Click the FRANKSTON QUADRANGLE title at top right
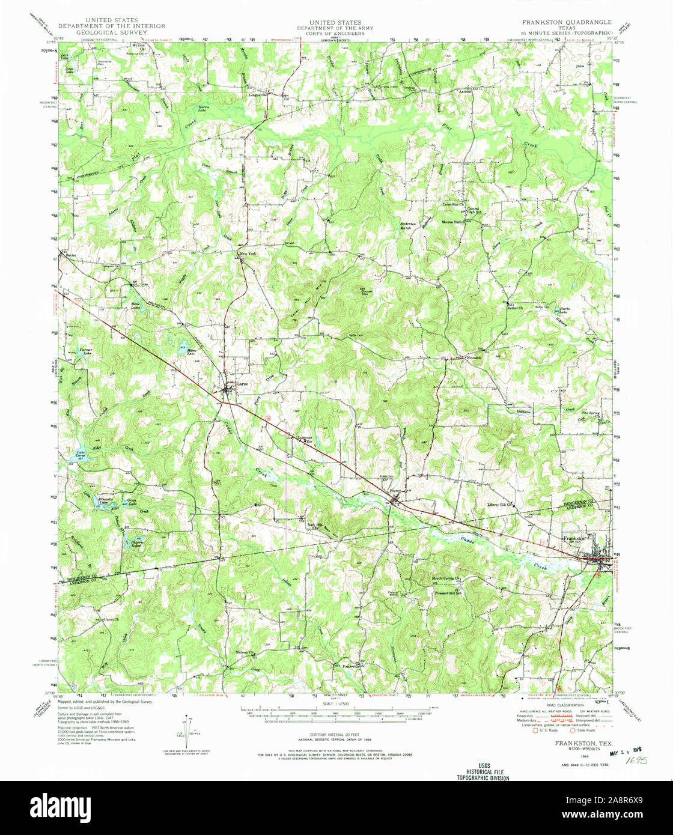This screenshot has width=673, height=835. click(566, 22)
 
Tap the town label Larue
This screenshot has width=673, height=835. click(243, 383)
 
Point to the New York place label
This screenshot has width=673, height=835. click(248, 255)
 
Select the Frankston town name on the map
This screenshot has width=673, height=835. click(574, 538)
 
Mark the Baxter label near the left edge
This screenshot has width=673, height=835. click(72, 255)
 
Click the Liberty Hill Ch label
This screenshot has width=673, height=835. click(502, 505)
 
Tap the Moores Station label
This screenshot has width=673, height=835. click(454, 222)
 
